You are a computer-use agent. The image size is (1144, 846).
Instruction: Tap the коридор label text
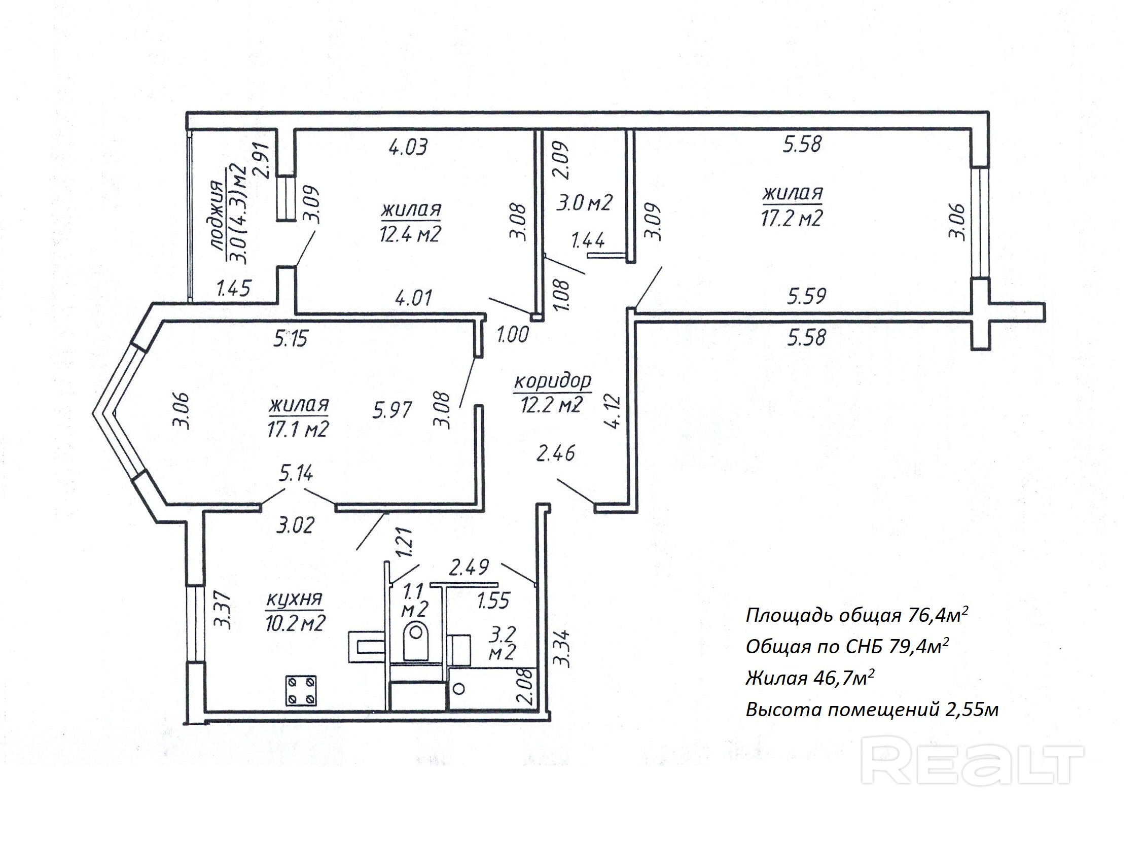pos(552,381)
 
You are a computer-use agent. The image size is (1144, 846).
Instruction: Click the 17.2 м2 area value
pos(792,219)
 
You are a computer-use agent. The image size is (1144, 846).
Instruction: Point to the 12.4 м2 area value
pos(410,234)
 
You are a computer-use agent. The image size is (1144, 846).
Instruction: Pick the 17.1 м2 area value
pos(297,429)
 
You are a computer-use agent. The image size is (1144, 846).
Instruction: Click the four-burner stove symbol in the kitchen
pos(301,690)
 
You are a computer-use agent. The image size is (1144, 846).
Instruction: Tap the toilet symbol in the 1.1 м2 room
pos(416,640)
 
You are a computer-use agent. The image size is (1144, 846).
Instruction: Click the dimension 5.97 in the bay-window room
pos(392,410)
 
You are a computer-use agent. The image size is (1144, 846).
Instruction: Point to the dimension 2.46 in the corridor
pos(556,453)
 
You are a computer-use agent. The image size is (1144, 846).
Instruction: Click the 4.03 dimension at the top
pos(408,148)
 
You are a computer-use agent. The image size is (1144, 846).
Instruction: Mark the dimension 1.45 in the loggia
pos(233,289)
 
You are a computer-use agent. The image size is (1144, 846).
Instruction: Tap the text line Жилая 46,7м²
pos(810,678)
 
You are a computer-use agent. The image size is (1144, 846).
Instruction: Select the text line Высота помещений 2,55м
pos(872,710)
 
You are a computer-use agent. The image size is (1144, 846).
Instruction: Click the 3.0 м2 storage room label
pos(585,203)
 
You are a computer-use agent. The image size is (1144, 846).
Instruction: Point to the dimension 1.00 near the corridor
pos(512,335)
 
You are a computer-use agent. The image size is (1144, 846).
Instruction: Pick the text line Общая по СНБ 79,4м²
pos(847,646)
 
